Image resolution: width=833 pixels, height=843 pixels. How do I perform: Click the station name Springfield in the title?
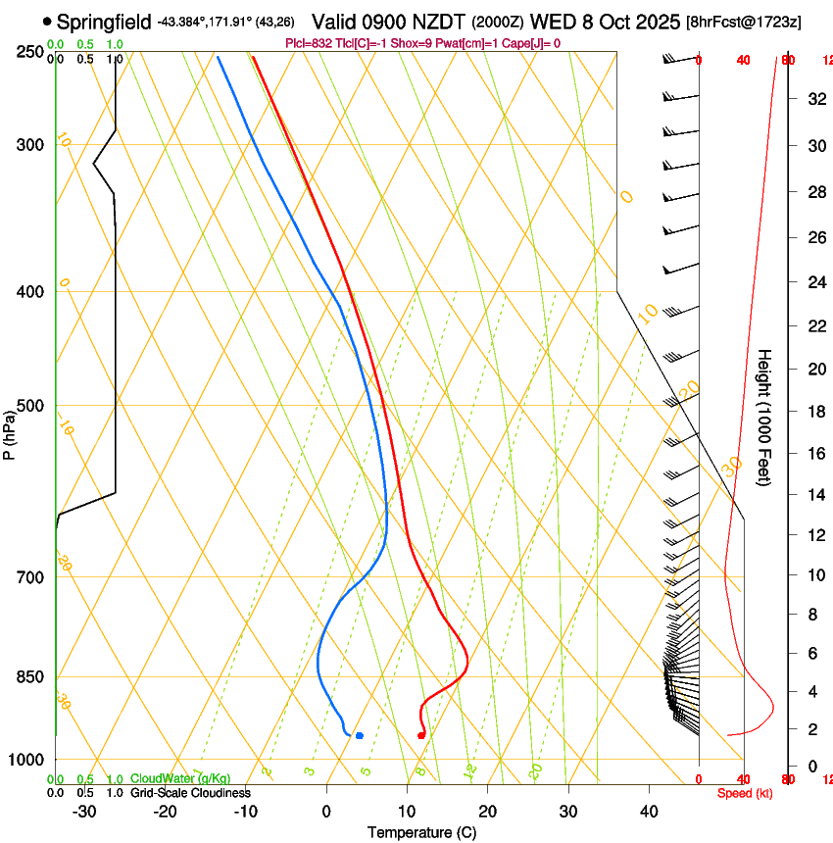[104, 22]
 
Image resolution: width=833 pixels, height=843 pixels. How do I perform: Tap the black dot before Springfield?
[47, 21]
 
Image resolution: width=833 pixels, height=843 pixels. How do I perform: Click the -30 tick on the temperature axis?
[84, 811]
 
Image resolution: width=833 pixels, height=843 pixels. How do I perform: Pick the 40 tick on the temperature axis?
[649, 811]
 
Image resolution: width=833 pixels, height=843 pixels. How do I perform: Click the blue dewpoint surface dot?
[360, 735]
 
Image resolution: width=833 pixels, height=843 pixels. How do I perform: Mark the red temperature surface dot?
[420, 735]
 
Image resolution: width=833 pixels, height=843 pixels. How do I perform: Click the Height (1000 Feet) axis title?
[764, 417]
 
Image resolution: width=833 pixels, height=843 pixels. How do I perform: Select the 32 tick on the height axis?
[814, 98]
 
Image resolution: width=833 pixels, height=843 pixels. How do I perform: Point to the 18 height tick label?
[814, 412]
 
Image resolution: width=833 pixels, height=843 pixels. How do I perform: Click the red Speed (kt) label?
[744, 793]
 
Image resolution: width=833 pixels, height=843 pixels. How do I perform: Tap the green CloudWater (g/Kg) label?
[180, 779]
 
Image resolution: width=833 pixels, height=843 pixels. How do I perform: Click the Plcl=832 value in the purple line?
[308, 43]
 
